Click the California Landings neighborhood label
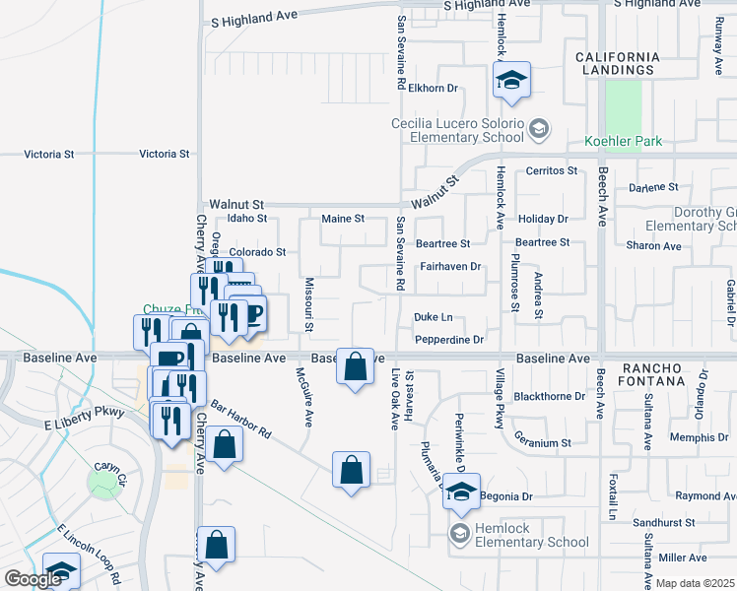(x=617, y=63)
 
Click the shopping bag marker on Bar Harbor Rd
(x=226, y=444)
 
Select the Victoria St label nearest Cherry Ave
(x=165, y=155)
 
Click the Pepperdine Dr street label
(x=449, y=340)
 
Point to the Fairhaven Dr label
(x=449, y=266)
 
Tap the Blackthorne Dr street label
(x=550, y=397)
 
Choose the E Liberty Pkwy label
(x=85, y=412)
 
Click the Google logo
(x=33, y=580)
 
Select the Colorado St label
(x=257, y=252)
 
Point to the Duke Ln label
(x=433, y=317)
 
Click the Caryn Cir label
(x=111, y=467)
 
